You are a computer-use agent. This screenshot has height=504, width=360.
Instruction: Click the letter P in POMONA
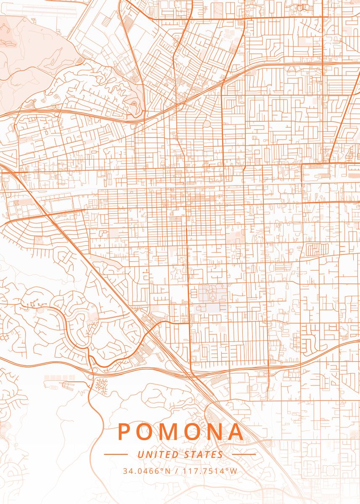point(125,431)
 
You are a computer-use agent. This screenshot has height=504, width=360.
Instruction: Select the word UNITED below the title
point(158,454)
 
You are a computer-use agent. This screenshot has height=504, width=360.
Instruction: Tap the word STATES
point(204,454)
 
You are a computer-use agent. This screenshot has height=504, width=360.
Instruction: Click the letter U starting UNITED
point(140,454)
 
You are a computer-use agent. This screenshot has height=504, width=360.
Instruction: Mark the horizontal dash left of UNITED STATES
point(116,454)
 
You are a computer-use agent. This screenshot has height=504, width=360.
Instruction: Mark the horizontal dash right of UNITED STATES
point(244,454)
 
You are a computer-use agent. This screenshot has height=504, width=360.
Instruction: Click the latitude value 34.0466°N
point(147,471)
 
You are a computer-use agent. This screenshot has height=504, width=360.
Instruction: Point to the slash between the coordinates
point(177,471)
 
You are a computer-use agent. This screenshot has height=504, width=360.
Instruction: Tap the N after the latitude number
point(168,471)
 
